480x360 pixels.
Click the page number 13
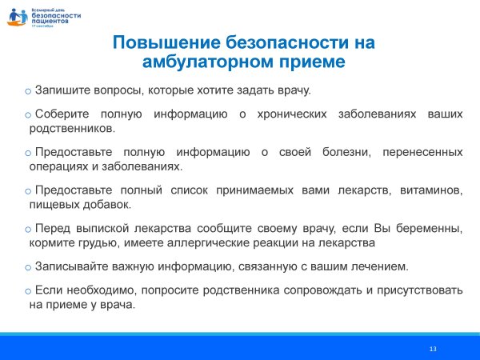[x=433, y=349]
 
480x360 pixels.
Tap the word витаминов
[x=431, y=190]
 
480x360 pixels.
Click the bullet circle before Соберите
[x=29, y=115]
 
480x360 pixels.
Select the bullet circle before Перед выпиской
[x=29, y=229]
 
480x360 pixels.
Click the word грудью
[x=88, y=242]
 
